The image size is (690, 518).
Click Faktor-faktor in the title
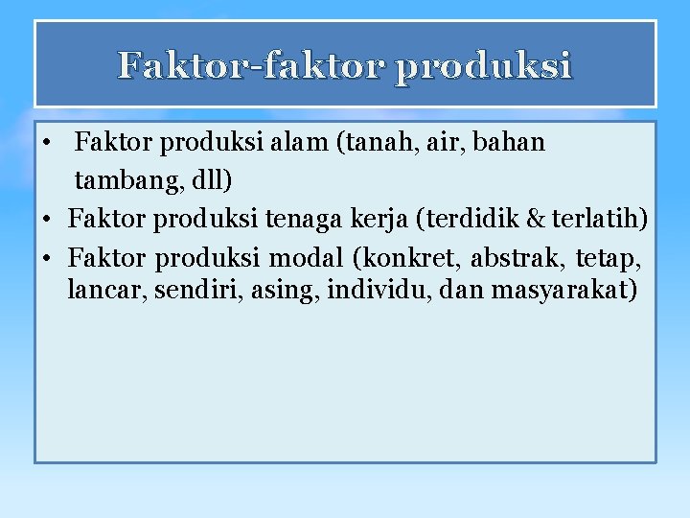click(x=248, y=66)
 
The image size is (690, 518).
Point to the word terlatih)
click(x=598, y=220)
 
